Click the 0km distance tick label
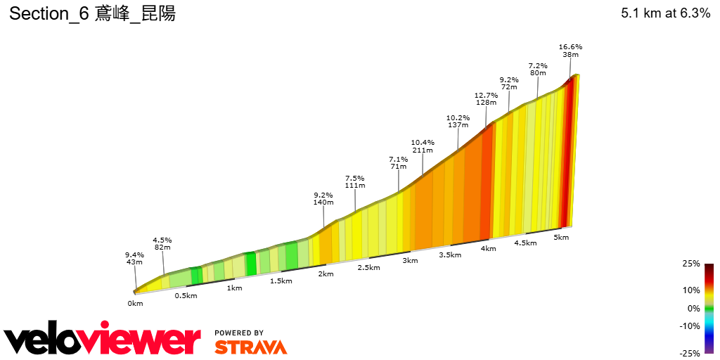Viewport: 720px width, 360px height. [135, 304]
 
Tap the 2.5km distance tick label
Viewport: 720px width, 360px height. [368, 268]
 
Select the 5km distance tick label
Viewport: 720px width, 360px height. [561, 238]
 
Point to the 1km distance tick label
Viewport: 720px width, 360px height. [234, 288]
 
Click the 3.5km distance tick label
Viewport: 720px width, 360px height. [450, 255]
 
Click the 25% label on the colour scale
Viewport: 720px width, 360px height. [690, 264]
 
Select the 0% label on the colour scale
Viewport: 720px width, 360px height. [693, 308]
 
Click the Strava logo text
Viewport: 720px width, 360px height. [250, 347]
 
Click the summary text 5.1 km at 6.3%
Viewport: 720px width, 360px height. [665, 13]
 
